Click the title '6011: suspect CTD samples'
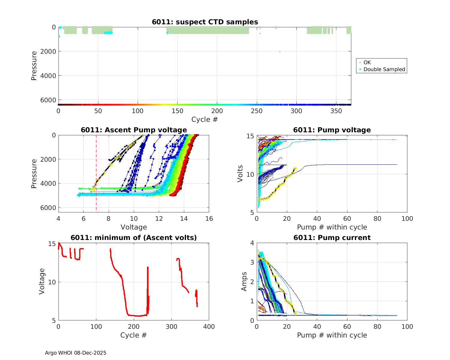click(x=205, y=22)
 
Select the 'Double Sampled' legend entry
click(x=384, y=69)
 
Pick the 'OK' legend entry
click(x=367, y=62)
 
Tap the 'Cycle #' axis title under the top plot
click(x=205, y=119)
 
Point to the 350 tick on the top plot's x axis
click(x=336, y=111)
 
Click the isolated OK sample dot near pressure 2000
click(x=280, y=51)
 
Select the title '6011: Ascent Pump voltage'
click(x=134, y=130)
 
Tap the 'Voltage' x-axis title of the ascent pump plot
click(x=134, y=227)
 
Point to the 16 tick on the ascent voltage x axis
click(x=209, y=219)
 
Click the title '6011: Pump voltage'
click(x=332, y=130)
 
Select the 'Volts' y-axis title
click(x=240, y=174)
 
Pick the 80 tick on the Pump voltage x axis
click(x=377, y=219)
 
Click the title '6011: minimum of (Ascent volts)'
click(x=134, y=238)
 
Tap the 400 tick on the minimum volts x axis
click(x=209, y=327)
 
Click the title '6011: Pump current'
click(x=332, y=238)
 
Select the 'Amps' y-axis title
click(x=244, y=281)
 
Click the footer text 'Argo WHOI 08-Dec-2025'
click(x=76, y=353)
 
